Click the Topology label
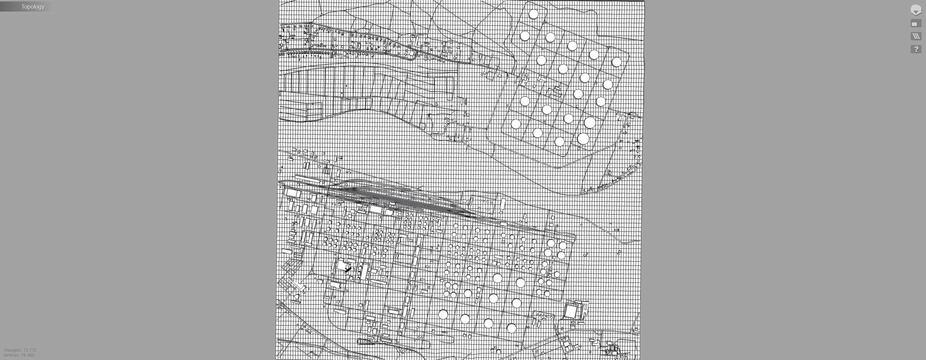click(x=33, y=7)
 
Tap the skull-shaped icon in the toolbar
click(x=916, y=10)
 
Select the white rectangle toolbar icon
click(x=916, y=24)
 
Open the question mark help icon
click(x=916, y=49)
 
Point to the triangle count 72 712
click(x=30, y=350)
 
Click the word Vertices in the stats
click(x=11, y=355)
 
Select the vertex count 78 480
click(x=28, y=355)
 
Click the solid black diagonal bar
click(x=348, y=270)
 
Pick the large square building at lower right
click(x=571, y=312)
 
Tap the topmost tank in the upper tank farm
click(x=533, y=14)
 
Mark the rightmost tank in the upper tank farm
click(x=617, y=62)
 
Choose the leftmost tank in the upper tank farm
click(x=516, y=124)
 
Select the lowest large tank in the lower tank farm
click(x=511, y=329)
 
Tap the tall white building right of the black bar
click(x=364, y=272)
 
